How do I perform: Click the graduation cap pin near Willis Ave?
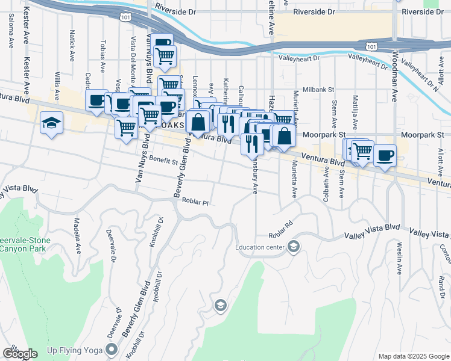(x=52, y=123)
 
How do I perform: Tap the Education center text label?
(x=262, y=246)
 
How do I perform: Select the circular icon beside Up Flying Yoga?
(x=112, y=349)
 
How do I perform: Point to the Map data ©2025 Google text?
(x=413, y=356)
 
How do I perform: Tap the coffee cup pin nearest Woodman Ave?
(x=384, y=156)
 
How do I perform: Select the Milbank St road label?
(x=318, y=89)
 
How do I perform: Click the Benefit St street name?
(x=164, y=161)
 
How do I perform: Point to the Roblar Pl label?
(x=195, y=202)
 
